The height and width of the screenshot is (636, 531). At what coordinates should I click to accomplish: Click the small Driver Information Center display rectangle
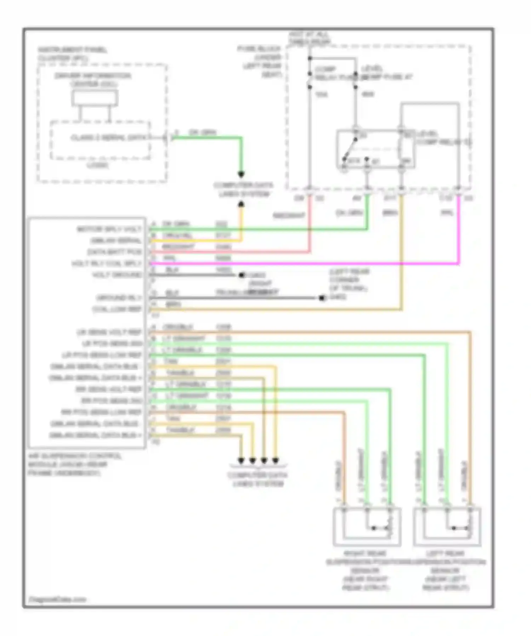[x=95, y=98]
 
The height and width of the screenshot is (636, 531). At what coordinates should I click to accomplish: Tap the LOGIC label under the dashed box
[x=98, y=165]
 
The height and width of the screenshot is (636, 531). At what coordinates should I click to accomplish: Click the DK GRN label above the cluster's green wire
[x=202, y=132]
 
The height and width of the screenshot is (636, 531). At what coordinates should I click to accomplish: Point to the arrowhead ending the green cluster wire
[x=241, y=174]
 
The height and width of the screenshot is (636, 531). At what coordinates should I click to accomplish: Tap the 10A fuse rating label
[x=321, y=94]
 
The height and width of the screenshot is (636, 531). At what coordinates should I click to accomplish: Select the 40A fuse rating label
[x=368, y=94]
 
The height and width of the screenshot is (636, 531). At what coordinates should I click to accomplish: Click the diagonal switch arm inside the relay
[x=350, y=149]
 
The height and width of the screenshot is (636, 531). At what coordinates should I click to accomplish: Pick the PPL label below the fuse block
[x=447, y=212]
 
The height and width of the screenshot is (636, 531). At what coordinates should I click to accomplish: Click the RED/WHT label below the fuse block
[x=289, y=215]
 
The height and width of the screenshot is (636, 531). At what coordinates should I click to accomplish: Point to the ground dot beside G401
[x=242, y=275]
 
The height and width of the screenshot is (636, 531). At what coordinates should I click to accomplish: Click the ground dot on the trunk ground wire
[x=322, y=298]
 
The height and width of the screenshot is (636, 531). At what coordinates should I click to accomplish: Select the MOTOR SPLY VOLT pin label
[x=109, y=229]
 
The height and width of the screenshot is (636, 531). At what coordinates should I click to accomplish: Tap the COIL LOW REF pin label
[x=117, y=309]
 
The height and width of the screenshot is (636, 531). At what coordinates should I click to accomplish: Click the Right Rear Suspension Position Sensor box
[x=367, y=527]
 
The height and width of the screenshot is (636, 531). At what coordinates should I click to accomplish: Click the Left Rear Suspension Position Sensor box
[x=447, y=527]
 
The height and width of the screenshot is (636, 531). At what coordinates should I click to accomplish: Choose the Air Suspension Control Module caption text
[x=75, y=464]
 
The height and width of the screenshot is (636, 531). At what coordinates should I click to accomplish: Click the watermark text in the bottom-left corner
[x=57, y=599]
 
